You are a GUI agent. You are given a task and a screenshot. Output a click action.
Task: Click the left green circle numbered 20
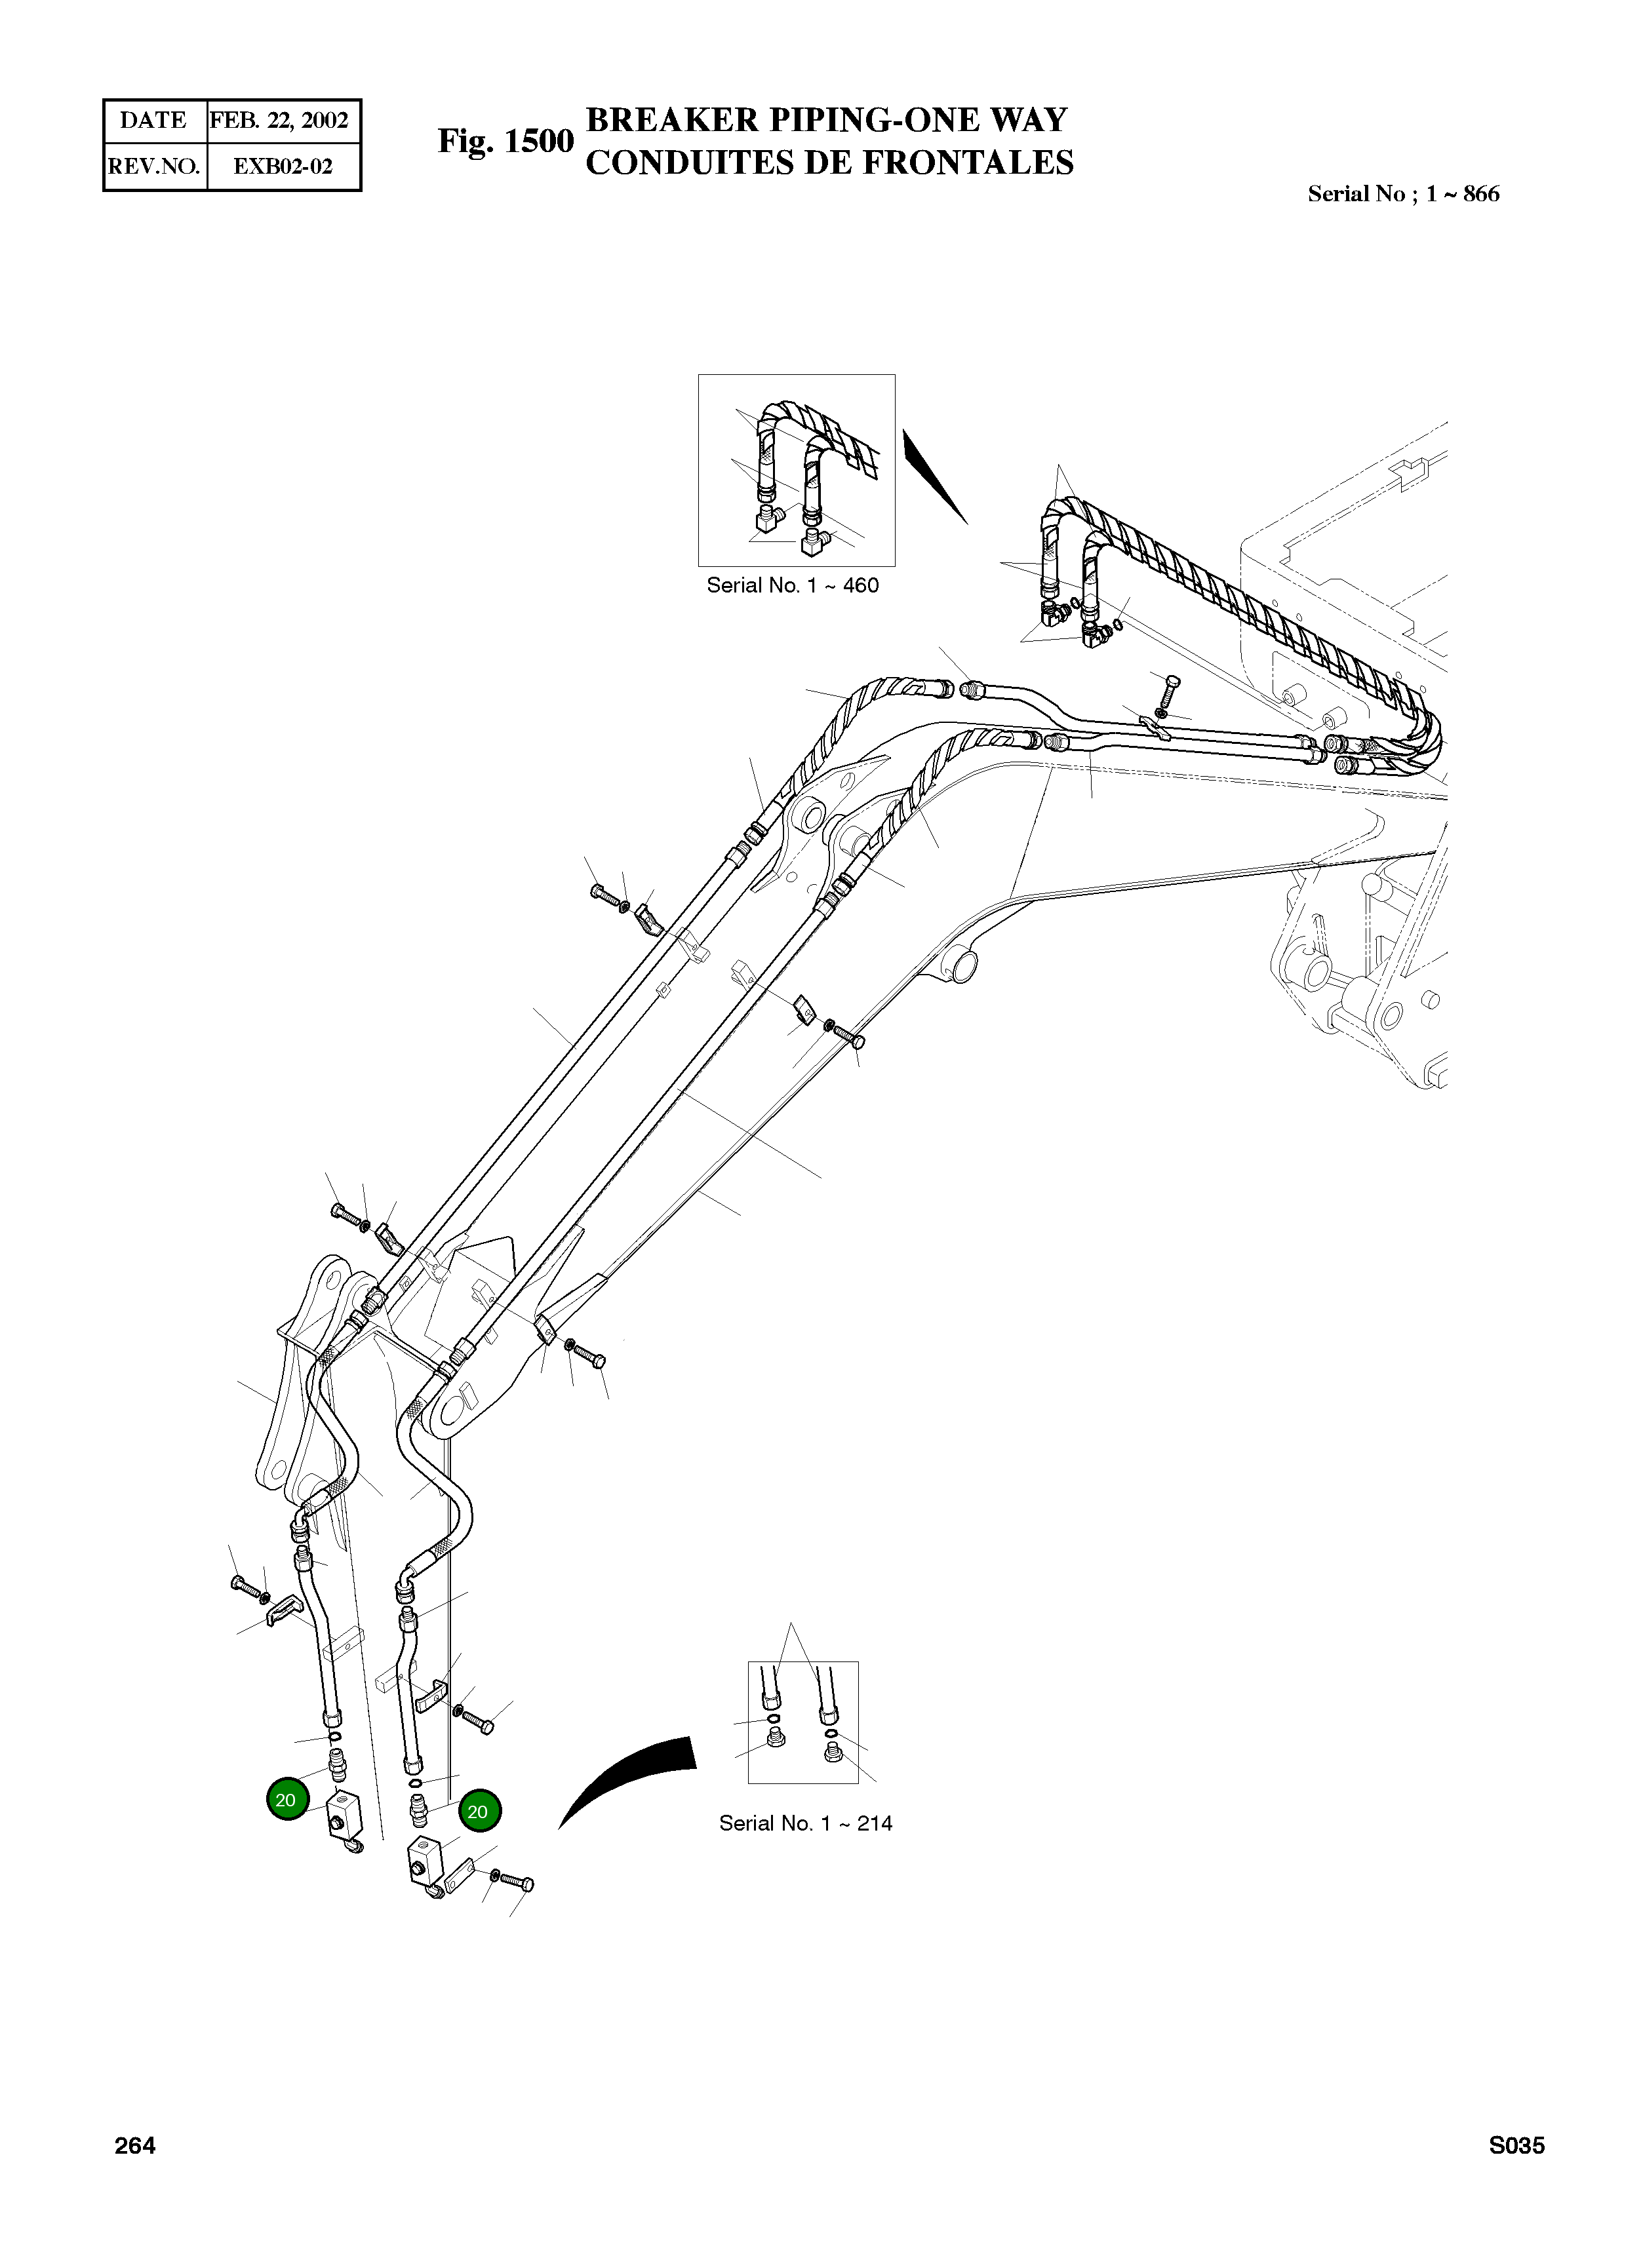pos(287,1800)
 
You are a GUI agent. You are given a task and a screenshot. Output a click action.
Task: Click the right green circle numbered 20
pos(479,1812)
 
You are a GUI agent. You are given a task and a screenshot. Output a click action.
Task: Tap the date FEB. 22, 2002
pos(279,121)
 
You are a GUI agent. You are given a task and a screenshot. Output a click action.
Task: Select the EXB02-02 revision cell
pos(283,166)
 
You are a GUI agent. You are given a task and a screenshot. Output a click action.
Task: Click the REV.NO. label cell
pos(154,166)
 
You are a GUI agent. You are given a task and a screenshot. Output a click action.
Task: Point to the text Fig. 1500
pos(505,141)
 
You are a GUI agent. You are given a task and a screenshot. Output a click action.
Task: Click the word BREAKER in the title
pos(671,121)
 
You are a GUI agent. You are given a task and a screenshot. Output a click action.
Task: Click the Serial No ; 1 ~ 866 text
pos(1402,194)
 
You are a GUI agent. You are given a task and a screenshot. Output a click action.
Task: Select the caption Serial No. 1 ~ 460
pos(793,586)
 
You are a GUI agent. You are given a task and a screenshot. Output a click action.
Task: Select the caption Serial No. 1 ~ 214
pos(806,1823)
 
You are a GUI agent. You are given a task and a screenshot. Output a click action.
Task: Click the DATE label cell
pos(153,121)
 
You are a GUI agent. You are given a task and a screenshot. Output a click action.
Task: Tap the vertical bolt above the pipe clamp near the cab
pos(1170,692)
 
